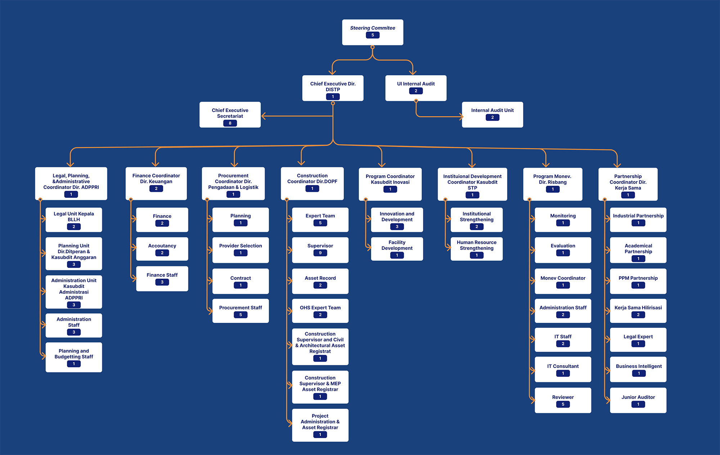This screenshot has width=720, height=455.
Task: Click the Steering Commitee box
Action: [372, 32]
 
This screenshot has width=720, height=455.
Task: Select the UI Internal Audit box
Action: [415, 88]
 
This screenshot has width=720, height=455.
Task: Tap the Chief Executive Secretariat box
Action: [230, 114]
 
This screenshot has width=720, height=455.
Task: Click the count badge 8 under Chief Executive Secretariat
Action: [230, 123]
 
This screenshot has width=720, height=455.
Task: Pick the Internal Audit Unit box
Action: [492, 114]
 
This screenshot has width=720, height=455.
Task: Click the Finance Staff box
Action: [162, 279]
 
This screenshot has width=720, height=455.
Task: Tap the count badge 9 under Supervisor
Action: [320, 253]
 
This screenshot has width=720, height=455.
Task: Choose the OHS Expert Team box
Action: [320, 311]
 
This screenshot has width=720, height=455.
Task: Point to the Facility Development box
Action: [397, 249]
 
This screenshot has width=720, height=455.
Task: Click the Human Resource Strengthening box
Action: [476, 249]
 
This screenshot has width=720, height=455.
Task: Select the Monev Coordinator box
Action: [563, 281]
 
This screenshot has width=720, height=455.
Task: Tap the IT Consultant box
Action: [563, 369]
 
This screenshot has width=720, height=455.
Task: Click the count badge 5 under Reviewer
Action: [563, 404]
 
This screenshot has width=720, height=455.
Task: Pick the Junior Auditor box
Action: [638, 400]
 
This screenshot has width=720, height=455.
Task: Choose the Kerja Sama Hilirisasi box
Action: [638, 311]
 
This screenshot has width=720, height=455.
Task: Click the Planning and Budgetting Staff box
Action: [74, 357]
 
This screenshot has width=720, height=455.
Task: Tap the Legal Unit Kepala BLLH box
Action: [74, 220]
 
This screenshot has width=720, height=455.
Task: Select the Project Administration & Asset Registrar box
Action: [320, 425]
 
